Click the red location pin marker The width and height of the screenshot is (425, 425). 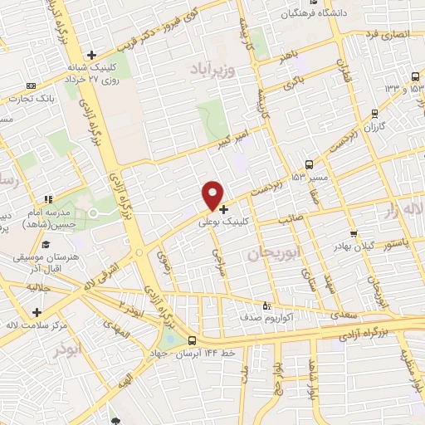coord(212,196)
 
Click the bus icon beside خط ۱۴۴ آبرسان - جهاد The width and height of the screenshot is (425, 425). coord(193,340)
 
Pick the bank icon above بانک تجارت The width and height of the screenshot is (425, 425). coord(32,85)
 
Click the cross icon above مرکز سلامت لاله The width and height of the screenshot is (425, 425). coord(37,312)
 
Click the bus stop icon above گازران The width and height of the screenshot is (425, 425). coord(375,114)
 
